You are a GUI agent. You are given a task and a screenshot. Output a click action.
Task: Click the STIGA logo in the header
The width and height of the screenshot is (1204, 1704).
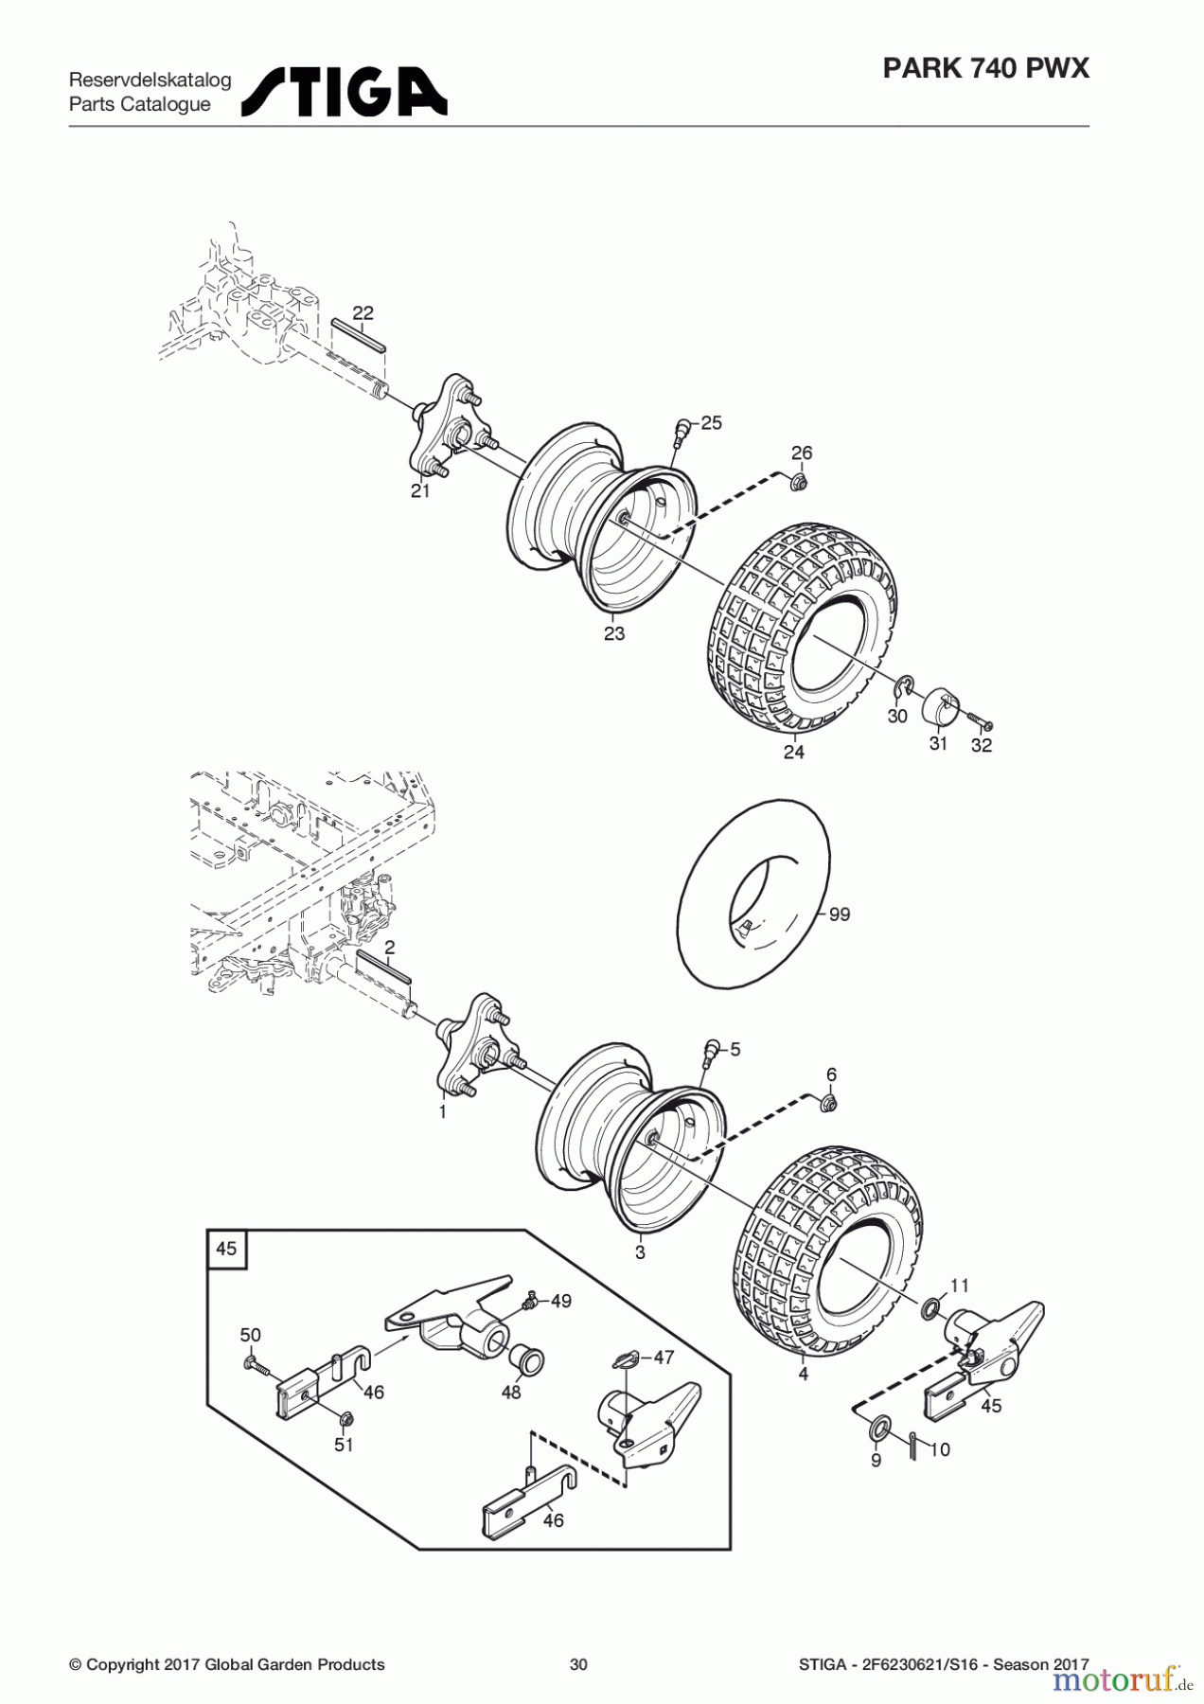345,92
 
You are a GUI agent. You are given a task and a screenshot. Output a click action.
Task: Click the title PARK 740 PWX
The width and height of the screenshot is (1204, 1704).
985,68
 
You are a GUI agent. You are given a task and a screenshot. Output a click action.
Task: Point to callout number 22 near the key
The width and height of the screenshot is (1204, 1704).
363,313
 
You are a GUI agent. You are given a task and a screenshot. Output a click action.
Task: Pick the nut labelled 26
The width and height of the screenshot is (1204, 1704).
798,484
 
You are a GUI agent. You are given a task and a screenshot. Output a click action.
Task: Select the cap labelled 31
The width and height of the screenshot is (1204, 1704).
937,703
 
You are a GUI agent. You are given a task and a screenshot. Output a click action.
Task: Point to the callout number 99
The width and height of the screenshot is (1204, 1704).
840,914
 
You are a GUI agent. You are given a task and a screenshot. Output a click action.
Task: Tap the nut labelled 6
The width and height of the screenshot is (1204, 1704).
827,1105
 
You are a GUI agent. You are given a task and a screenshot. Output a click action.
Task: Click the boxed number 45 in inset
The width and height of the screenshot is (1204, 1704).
226,1249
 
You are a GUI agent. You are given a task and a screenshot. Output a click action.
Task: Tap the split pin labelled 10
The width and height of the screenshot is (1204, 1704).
912,1447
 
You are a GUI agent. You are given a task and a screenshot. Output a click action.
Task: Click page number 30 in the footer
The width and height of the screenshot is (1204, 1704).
578,1664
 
